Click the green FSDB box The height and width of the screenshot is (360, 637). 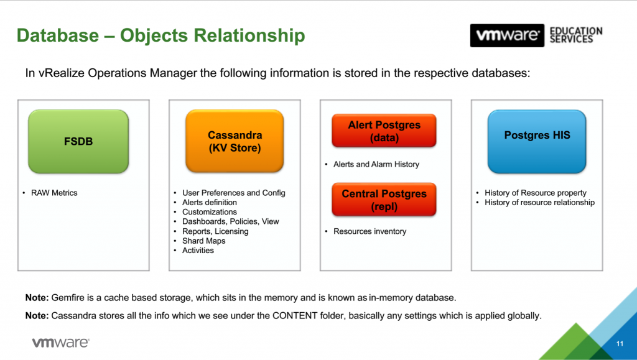(x=78, y=141)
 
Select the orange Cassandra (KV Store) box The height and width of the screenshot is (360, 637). (x=235, y=141)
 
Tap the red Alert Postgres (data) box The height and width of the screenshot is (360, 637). (x=384, y=131)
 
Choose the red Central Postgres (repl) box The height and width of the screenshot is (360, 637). (x=384, y=200)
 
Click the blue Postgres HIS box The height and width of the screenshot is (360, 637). (x=536, y=141)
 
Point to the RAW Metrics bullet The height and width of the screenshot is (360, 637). (x=54, y=193)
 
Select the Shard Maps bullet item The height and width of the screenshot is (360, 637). (x=203, y=241)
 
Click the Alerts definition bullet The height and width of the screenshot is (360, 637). (x=209, y=202)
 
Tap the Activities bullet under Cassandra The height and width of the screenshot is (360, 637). (x=198, y=251)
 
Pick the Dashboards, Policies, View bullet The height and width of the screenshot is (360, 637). (x=230, y=221)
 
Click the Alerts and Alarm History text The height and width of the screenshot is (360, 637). (x=376, y=164)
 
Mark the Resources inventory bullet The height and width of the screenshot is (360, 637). (x=370, y=231)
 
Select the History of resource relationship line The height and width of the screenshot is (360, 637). (x=539, y=202)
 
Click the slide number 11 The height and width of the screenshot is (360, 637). (x=620, y=344)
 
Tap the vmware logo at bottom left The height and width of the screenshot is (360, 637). (x=60, y=342)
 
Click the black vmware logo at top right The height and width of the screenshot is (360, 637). (x=507, y=35)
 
